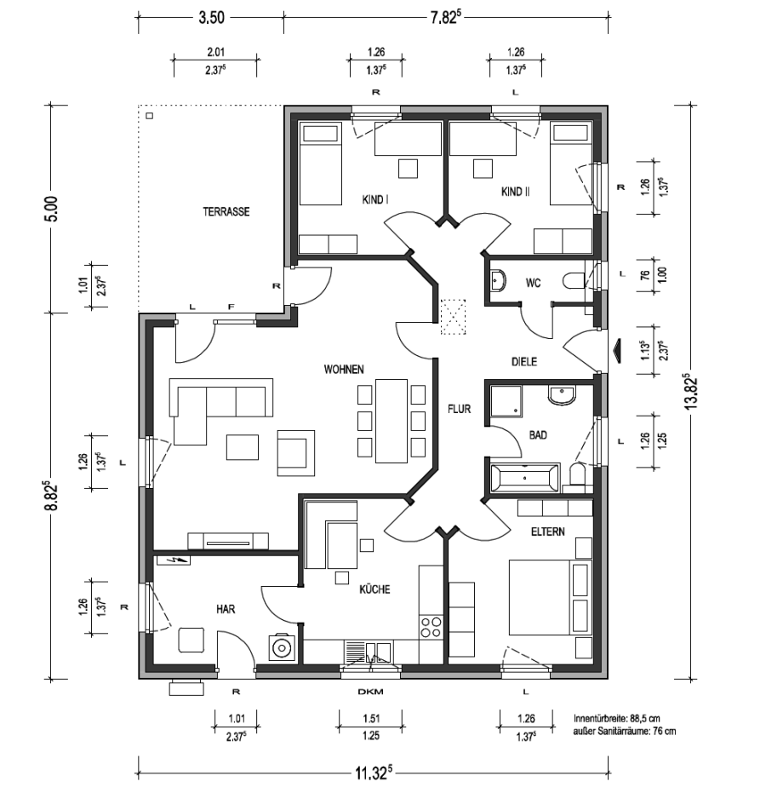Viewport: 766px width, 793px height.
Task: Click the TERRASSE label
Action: click(226, 211)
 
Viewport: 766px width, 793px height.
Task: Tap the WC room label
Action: click(533, 283)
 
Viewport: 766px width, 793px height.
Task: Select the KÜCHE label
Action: click(374, 589)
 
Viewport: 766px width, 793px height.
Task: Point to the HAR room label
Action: click(226, 609)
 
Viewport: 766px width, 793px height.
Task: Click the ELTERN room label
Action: click(548, 532)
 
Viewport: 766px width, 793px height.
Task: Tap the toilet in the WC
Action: click(574, 281)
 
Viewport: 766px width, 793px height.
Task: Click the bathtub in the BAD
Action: click(525, 478)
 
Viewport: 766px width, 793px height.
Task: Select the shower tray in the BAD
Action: click(506, 401)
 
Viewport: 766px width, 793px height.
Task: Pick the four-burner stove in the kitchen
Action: click(431, 627)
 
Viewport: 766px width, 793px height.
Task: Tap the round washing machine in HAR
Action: click(280, 647)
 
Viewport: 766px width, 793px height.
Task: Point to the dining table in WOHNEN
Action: click(391, 421)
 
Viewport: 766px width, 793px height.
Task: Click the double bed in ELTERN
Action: click(550, 597)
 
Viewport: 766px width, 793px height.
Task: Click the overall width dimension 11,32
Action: click(374, 773)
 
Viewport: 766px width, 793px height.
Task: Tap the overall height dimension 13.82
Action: click(690, 392)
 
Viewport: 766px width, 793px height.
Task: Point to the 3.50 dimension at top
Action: click(211, 18)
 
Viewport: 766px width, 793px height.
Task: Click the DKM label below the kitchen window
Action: click(370, 692)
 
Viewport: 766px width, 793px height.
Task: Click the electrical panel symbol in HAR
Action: click(174, 560)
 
